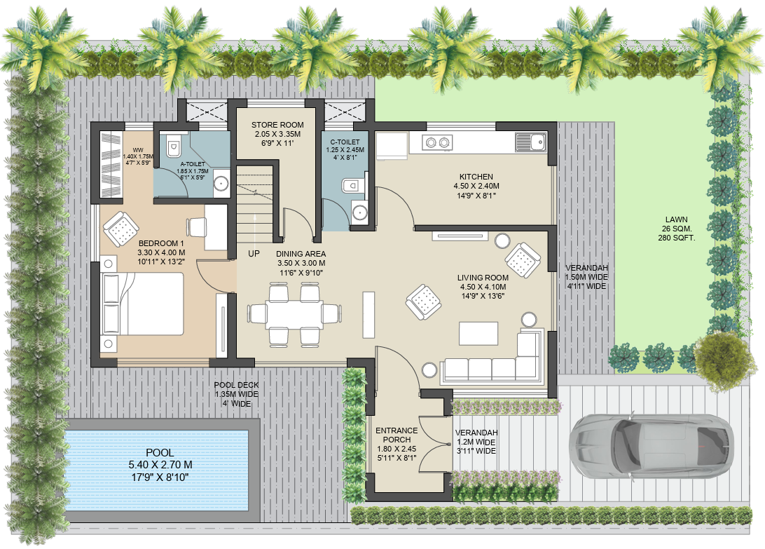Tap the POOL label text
tap(160, 453)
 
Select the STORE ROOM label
tap(277, 125)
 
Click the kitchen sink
tap(536, 142)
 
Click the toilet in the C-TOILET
tap(352, 185)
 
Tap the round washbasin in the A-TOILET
tap(221, 184)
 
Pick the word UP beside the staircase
tap(254, 254)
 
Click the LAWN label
tap(677, 219)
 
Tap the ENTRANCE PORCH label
tap(397, 431)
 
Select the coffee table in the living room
tap(478, 332)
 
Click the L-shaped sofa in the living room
tap(490, 362)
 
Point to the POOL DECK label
tap(236, 385)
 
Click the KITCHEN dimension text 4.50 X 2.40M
tap(476, 187)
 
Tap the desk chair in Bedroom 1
tap(197, 226)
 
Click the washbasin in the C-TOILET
tap(360, 213)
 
